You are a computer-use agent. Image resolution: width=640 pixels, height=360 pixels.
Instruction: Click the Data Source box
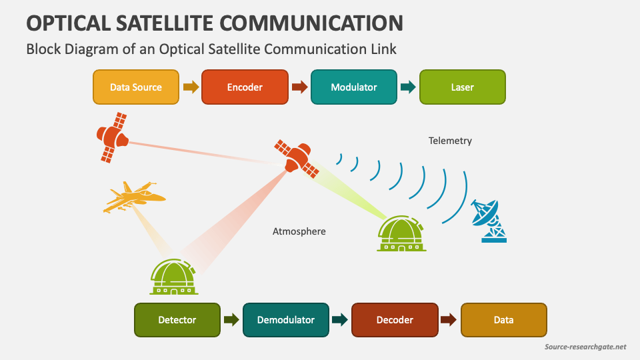[x=136, y=87]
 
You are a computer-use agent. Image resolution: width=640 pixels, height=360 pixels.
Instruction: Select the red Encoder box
[x=245, y=87]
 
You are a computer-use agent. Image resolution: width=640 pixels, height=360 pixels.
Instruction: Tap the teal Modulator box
[x=353, y=87]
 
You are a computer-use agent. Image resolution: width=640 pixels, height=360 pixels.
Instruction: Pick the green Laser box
[x=462, y=87]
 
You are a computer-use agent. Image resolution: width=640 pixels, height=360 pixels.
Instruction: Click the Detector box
[x=177, y=320]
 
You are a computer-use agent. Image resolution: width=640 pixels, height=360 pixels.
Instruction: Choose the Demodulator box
[x=286, y=320]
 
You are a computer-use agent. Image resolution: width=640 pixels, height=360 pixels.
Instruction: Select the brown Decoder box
[x=395, y=320]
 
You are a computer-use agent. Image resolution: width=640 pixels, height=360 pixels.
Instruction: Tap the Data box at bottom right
[x=503, y=320]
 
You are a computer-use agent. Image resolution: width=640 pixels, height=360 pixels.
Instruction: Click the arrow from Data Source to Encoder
[x=191, y=87]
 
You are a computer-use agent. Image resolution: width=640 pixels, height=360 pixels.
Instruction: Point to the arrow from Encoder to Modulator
[x=299, y=87]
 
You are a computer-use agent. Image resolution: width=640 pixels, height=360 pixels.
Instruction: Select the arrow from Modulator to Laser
[x=408, y=87]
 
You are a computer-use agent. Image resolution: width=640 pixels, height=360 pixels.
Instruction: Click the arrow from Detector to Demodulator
[x=231, y=320]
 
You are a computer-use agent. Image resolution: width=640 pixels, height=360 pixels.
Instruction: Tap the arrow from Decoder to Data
[x=449, y=320]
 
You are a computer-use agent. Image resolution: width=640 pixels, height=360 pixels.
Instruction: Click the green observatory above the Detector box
[x=173, y=277]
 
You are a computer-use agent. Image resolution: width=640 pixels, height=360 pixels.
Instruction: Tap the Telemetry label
[x=450, y=141]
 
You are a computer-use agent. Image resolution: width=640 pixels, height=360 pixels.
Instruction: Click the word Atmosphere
[x=299, y=231]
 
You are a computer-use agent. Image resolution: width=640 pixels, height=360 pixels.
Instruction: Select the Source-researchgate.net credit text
[x=585, y=347]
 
